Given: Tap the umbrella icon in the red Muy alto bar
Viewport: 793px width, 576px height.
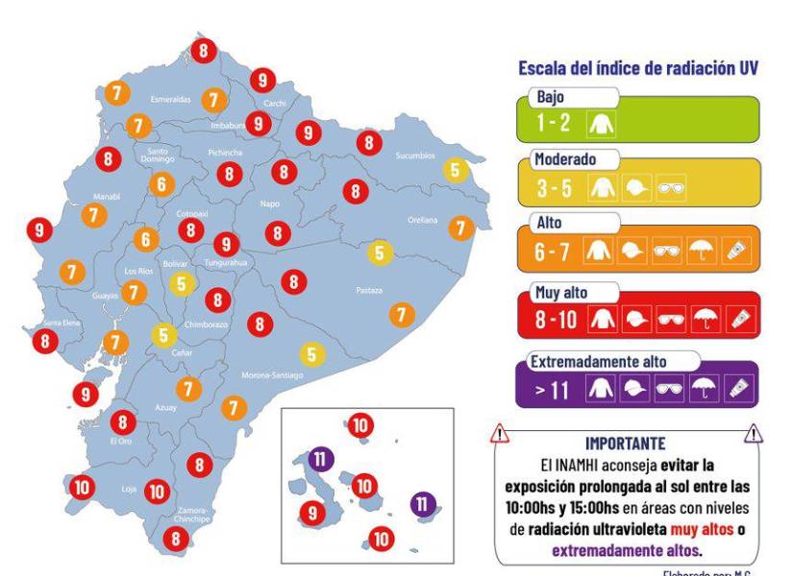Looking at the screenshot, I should click(x=706, y=320).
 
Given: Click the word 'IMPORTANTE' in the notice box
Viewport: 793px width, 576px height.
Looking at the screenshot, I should click(x=625, y=444).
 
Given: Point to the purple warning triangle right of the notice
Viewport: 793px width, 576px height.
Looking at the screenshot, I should click(x=753, y=435).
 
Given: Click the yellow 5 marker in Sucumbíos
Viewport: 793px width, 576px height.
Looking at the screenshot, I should click(x=455, y=170).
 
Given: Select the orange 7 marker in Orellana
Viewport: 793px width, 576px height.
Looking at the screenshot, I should click(x=461, y=228).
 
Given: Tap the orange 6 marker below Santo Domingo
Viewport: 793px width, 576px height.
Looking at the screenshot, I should click(x=161, y=183).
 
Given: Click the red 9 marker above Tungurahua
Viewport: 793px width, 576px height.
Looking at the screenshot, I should click(x=226, y=244).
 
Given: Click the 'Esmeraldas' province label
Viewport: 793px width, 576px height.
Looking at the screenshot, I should click(x=171, y=99).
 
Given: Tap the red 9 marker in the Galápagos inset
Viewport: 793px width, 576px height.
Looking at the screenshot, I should click(x=311, y=513).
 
